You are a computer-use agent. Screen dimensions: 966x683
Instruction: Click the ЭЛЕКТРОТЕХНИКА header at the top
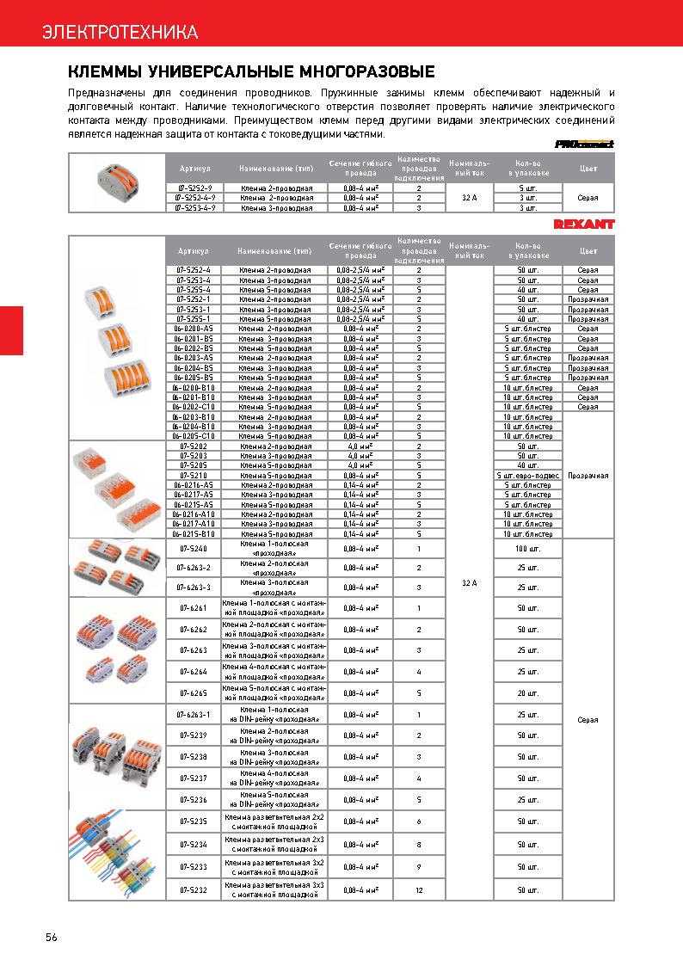[x=120, y=33]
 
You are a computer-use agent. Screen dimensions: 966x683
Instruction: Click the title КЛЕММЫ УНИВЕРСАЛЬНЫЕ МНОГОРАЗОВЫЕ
[x=251, y=71]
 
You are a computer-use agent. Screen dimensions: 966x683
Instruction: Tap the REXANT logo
[x=584, y=225]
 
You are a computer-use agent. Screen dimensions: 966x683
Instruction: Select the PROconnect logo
[x=584, y=145]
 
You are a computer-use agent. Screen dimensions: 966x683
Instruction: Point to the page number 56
[x=52, y=938]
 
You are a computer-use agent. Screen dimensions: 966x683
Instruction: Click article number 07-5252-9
[x=194, y=187]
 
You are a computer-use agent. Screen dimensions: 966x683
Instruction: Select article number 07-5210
[x=194, y=475]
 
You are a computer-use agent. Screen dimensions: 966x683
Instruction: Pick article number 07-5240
[x=194, y=548]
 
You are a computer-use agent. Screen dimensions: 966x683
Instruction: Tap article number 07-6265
[x=194, y=692]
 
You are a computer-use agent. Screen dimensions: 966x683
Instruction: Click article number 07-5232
[x=194, y=889]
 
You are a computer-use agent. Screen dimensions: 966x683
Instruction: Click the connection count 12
[x=419, y=889]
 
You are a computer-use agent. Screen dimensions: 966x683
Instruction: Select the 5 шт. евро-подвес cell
[x=528, y=475]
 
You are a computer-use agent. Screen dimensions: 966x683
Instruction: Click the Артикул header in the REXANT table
[x=194, y=251]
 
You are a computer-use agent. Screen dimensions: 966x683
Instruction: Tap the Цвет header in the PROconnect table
[x=588, y=169]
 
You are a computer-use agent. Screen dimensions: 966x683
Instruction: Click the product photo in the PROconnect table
[x=117, y=182]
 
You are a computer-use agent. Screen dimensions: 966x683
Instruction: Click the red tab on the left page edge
[x=11, y=329]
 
